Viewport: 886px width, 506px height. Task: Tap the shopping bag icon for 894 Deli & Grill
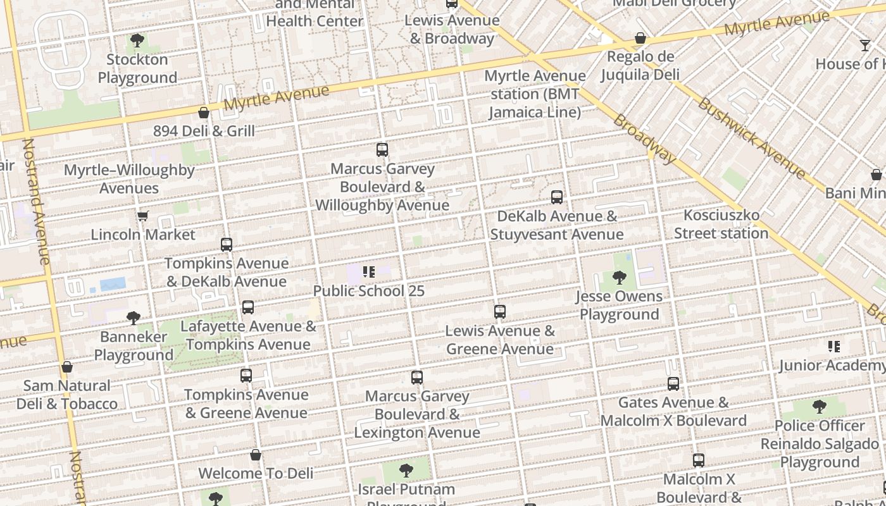(x=204, y=113)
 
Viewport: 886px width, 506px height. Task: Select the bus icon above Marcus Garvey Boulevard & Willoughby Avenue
(x=382, y=150)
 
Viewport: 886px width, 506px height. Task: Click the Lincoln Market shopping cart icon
(x=143, y=216)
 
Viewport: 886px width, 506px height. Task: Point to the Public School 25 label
(x=369, y=291)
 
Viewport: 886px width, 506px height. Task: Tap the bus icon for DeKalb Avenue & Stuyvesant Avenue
(x=557, y=197)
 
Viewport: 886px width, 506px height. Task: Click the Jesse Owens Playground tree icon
(x=620, y=278)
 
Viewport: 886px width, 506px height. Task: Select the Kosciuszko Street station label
(x=721, y=225)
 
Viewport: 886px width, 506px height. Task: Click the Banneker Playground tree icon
(x=133, y=318)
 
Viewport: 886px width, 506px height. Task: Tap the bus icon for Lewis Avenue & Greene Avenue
(x=500, y=312)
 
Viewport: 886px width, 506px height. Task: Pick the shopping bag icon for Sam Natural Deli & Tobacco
(x=67, y=367)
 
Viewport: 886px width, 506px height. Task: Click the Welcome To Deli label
(x=256, y=473)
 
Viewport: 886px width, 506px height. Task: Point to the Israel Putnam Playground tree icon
(x=406, y=471)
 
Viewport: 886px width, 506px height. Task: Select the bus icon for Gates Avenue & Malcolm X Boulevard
(x=673, y=384)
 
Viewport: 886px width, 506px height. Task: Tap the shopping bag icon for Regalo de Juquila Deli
(x=640, y=39)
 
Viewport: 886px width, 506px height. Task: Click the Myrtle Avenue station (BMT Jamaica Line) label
(x=535, y=94)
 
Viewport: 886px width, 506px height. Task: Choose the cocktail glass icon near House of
(x=865, y=46)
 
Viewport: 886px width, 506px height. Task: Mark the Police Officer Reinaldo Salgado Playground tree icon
(x=820, y=407)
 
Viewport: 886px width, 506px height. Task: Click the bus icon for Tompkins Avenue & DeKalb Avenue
(x=227, y=245)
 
